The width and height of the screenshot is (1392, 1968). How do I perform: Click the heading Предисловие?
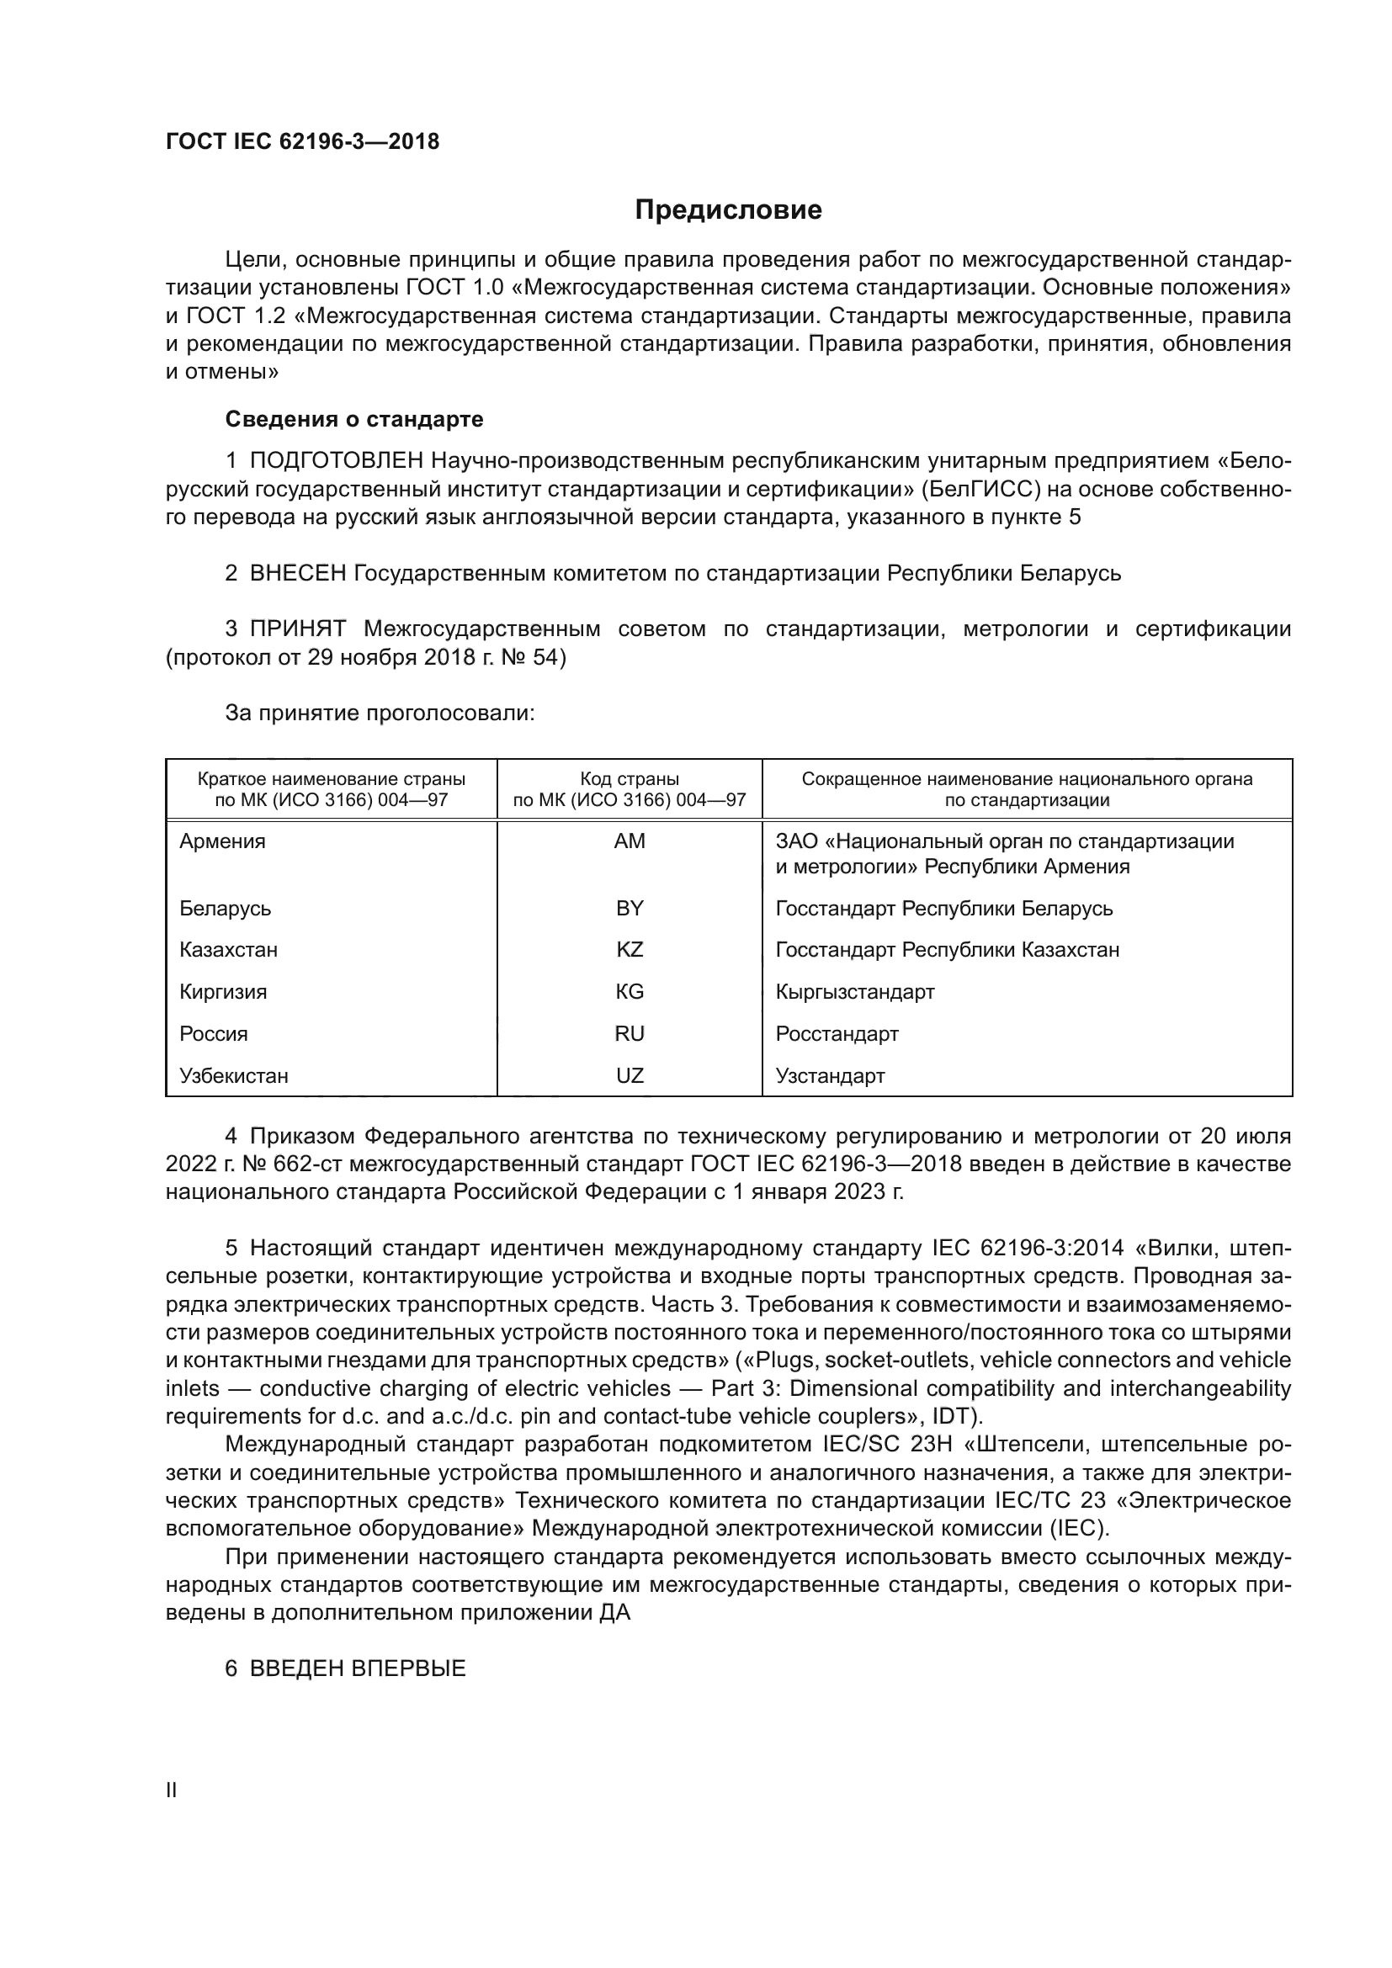coord(728,210)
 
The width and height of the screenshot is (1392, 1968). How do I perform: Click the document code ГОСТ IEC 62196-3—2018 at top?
coord(303,141)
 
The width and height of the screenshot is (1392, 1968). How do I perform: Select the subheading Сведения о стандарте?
coord(354,419)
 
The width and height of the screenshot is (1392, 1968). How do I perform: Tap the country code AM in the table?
coord(630,841)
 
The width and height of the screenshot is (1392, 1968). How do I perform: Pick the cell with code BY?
coord(630,908)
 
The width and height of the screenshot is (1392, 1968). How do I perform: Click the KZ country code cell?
coord(630,950)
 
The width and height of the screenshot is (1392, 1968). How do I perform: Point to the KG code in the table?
coord(630,992)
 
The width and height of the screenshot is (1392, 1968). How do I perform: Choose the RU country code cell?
coord(630,1034)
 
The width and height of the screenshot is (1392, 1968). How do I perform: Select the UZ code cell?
coord(630,1076)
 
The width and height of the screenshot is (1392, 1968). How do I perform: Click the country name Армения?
coord(223,841)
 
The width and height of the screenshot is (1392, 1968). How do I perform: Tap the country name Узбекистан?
coord(234,1076)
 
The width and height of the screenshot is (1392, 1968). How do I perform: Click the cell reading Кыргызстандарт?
coord(854,992)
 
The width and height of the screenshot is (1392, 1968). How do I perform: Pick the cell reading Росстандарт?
coord(837,1034)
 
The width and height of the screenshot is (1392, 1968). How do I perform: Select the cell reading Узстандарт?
coord(830,1076)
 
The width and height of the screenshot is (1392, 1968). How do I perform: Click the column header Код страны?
coord(630,779)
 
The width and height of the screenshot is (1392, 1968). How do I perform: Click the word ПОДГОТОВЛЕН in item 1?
coord(337,461)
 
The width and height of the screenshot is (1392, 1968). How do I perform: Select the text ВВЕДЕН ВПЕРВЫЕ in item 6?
coord(358,1668)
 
